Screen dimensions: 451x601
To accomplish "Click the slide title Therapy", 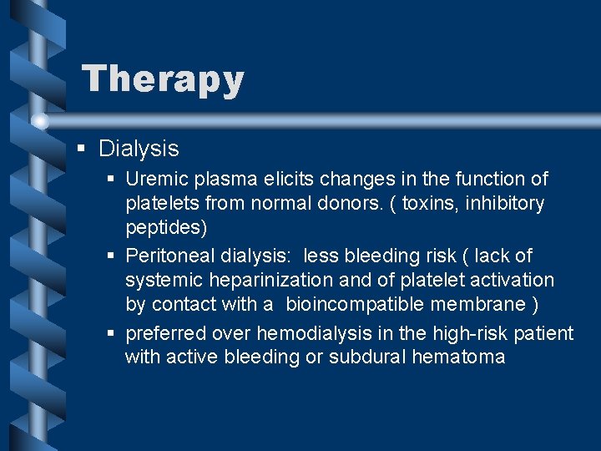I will (x=163, y=79).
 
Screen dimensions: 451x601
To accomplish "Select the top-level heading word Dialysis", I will (x=139, y=149).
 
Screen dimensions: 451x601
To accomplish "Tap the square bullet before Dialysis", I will (x=80, y=149).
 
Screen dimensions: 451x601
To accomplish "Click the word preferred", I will (x=165, y=333).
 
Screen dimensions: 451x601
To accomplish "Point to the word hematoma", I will (x=463, y=357).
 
